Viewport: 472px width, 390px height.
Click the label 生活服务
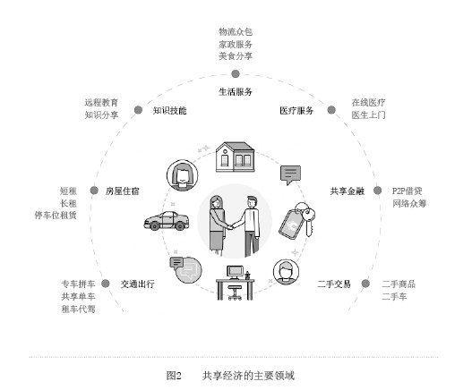(x=235, y=92)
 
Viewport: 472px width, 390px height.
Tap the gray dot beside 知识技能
(x=138, y=110)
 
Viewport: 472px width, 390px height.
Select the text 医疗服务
(x=296, y=111)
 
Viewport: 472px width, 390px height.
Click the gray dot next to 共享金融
(x=377, y=191)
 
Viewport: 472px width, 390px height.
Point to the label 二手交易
(x=334, y=284)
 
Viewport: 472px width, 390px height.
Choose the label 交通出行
(x=138, y=284)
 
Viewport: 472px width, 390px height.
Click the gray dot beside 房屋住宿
(x=94, y=191)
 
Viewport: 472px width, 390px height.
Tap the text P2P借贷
(x=407, y=191)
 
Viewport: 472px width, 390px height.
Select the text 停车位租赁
(x=56, y=216)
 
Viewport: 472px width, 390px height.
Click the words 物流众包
(x=236, y=32)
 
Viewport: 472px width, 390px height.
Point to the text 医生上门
(x=368, y=114)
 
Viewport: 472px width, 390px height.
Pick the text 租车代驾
(x=78, y=309)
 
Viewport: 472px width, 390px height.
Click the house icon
(x=235, y=157)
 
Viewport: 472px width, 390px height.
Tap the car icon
(x=167, y=221)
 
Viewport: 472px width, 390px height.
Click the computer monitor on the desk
(x=235, y=272)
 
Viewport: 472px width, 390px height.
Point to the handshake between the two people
(x=230, y=226)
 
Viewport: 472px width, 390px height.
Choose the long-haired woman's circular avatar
(x=183, y=175)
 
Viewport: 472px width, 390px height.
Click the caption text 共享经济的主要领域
(x=248, y=376)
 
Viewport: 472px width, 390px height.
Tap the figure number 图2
(x=174, y=376)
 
